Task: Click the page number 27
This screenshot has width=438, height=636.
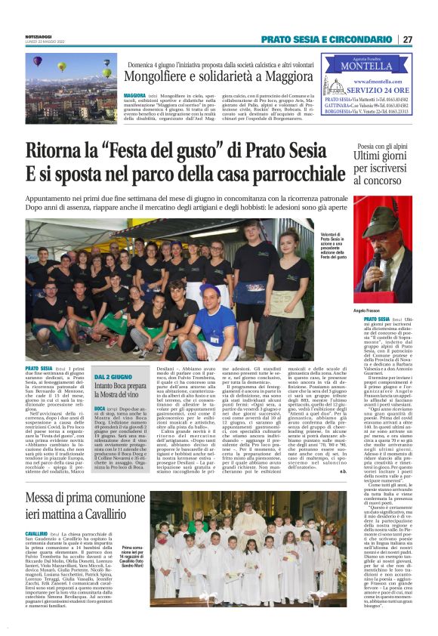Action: pos(407,39)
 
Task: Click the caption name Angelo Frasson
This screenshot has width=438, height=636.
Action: pos(372,310)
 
